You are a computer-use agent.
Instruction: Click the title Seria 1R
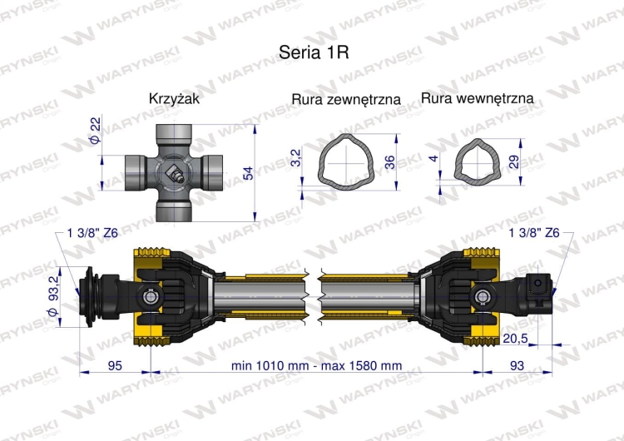(x=314, y=52)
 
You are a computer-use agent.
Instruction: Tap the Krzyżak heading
(x=174, y=98)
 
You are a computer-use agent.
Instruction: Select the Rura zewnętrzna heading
(x=346, y=99)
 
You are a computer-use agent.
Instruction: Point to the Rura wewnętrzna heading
(x=478, y=98)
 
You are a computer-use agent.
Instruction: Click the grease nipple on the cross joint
(x=174, y=173)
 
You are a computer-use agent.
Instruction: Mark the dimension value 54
(x=248, y=173)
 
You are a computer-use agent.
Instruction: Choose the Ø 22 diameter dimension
(x=95, y=130)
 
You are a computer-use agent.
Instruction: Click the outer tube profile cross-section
(x=346, y=161)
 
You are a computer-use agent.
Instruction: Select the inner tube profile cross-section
(x=478, y=162)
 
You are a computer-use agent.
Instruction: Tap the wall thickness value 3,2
(x=297, y=156)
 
